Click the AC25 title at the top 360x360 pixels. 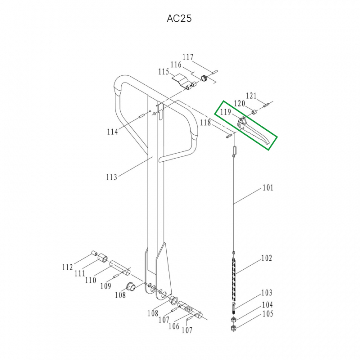pos(179,18)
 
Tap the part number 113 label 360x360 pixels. pos(112,177)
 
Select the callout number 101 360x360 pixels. pos(268,188)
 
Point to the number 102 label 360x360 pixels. pos(267,258)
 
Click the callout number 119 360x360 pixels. pos(226,112)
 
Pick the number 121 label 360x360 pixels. pos(251,96)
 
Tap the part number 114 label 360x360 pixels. pos(112,132)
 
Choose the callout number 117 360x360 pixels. pos(188,57)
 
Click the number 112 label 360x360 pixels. pos(67,267)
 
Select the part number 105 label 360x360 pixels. pos(268,314)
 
